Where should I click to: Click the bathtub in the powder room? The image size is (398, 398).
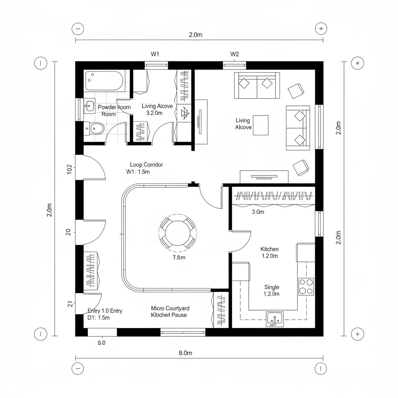[x=104, y=81]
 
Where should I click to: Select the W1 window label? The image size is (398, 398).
[x=155, y=54]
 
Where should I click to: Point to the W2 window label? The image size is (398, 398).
[x=235, y=54]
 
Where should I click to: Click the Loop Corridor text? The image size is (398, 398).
[x=147, y=165]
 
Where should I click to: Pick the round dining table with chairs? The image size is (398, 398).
[x=178, y=233]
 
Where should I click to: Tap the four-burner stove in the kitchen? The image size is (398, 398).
[x=306, y=286]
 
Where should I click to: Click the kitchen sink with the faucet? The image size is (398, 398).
[x=275, y=319]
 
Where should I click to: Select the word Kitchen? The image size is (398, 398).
[x=269, y=249]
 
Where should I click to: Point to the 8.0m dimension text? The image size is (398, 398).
[x=185, y=353]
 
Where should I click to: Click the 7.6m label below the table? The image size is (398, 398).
[x=179, y=257]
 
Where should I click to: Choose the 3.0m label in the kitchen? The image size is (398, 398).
[x=258, y=212]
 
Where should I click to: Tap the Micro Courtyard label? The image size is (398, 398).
[x=170, y=308]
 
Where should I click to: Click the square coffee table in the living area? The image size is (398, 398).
[x=260, y=125]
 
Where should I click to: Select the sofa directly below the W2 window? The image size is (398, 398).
[x=257, y=85]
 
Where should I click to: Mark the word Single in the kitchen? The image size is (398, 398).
[x=272, y=287]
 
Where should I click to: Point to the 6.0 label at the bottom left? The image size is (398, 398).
[x=101, y=343]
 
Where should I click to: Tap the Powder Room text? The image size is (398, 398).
[x=114, y=110]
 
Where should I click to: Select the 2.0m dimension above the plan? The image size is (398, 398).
[x=196, y=35]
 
